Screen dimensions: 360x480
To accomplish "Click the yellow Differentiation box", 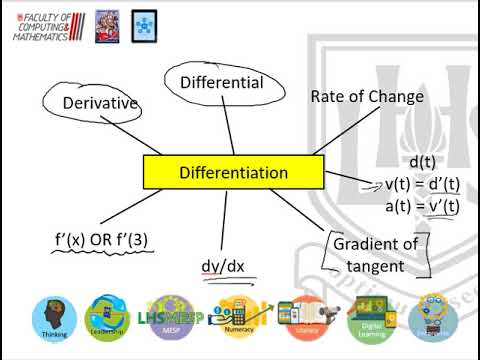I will [x=233, y=173].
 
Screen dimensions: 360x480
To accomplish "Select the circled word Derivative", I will [x=99, y=102].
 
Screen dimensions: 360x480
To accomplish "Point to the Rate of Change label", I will [x=367, y=97].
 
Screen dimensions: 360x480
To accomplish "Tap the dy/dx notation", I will [x=223, y=266].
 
